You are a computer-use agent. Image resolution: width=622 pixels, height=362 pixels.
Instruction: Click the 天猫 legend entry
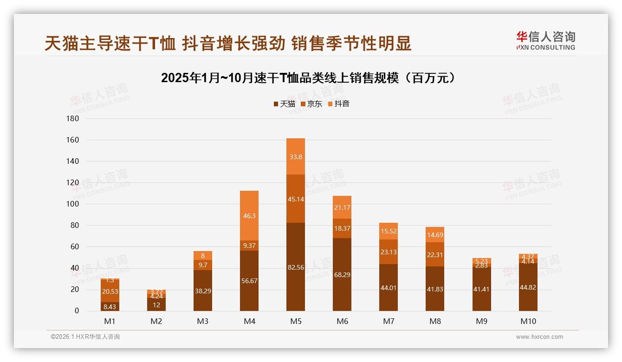tap(284, 104)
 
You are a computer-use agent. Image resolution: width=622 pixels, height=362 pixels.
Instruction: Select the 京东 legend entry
tap(311, 104)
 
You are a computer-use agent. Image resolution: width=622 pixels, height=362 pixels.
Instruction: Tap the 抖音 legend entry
tap(339, 104)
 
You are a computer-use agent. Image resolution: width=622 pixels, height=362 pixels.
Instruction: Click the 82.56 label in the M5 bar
tap(296, 267)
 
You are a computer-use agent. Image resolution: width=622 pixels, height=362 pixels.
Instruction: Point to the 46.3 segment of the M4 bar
tap(249, 216)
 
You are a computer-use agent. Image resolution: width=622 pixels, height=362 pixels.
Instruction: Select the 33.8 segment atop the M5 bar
tap(296, 157)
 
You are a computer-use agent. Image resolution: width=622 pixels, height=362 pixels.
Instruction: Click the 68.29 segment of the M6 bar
tap(342, 275)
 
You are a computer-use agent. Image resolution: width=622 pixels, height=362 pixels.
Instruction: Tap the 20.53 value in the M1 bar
tap(110, 291)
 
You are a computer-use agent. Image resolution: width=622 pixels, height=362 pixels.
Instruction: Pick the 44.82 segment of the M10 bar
tap(528, 287)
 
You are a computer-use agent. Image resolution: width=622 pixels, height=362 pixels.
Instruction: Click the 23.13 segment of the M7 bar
tap(389, 252)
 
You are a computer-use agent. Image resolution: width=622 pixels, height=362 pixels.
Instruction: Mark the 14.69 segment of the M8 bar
tap(435, 235)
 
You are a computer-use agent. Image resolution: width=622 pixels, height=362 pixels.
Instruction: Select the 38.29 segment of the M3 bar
tap(203, 291)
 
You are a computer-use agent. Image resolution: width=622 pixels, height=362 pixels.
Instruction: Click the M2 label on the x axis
tap(156, 321)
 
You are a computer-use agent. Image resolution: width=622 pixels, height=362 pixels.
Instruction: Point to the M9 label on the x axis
tap(481, 321)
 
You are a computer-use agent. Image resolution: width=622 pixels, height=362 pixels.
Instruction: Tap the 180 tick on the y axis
tap(73, 119)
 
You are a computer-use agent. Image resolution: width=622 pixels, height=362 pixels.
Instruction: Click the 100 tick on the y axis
tap(73, 204)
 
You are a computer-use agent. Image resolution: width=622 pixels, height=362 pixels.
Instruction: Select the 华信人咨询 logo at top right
tap(545, 40)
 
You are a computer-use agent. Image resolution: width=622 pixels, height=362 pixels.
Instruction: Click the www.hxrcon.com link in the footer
tap(539, 337)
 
